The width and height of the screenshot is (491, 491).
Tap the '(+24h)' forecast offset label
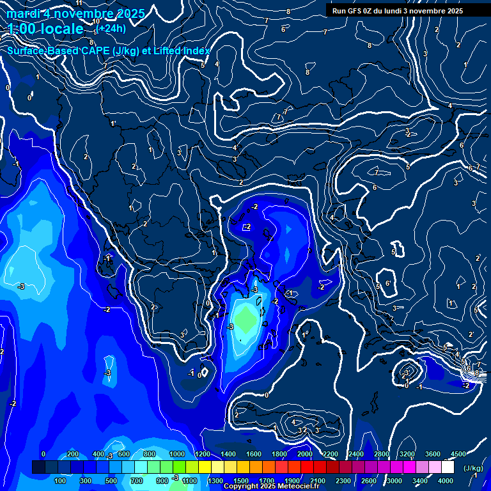click(x=111, y=28)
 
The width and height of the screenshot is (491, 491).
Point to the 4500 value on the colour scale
click(x=458, y=454)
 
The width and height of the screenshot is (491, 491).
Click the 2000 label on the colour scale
click(x=305, y=454)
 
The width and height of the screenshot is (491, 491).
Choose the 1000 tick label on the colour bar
click(x=176, y=454)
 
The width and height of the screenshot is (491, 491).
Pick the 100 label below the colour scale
click(x=61, y=481)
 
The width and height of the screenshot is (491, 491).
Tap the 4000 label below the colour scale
click(x=445, y=481)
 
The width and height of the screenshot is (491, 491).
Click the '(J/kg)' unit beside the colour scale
click(x=472, y=468)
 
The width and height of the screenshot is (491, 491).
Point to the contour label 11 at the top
click(x=79, y=3)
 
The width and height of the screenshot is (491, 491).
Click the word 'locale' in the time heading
click(x=60, y=29)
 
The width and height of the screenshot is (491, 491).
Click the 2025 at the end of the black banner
click(x=455, y=11)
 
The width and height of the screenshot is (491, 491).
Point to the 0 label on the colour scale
click(x=43, y=454)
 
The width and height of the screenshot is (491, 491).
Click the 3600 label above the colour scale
click(x=432, y=454)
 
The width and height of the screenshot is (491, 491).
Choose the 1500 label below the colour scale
click(x=240, y=481)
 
